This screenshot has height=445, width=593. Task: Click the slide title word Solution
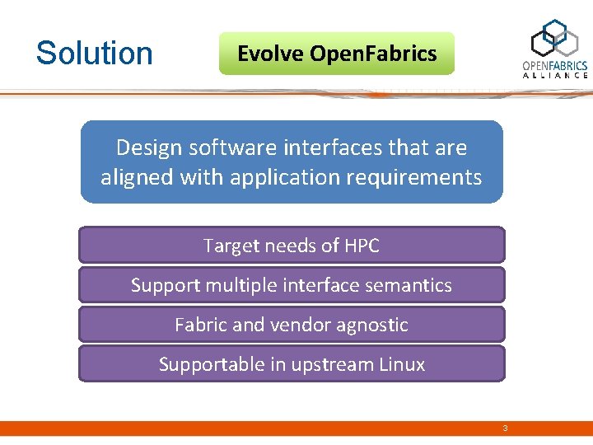tap(95, 54)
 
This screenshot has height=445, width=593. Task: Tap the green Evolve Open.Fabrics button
tap(336, 54)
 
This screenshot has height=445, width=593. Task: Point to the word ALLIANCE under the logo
tap(555, 75)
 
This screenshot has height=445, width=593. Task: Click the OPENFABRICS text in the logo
tap(555, 65)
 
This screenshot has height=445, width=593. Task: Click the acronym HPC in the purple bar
tap(362, 246)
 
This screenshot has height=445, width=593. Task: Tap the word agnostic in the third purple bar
tap(371, 326)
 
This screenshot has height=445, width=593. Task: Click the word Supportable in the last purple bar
tap(206, 365)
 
